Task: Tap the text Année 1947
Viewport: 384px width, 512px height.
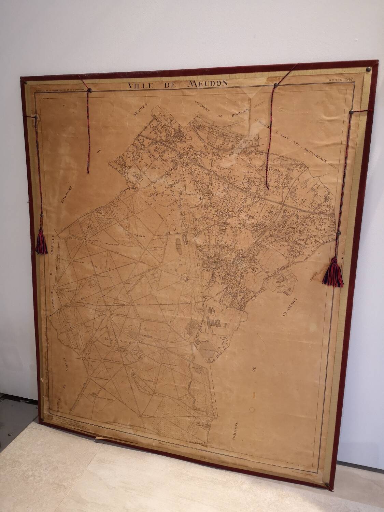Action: click(340, 80)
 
